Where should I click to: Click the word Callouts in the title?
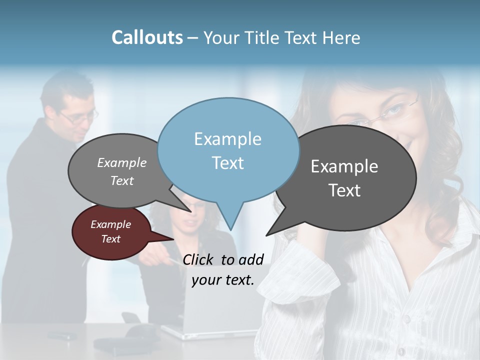(x=147, y=37)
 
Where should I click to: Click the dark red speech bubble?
(x=110, y=232)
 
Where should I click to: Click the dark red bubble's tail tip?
(x=173, y=239)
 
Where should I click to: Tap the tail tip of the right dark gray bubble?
(x=266, y=235)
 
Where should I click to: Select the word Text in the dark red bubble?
(x=110, y=239)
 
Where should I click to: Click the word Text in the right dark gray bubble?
(x=345, y=190)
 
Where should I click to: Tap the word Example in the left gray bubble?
(x=121, y=162)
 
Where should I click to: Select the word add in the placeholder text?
(x=251, y=259)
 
